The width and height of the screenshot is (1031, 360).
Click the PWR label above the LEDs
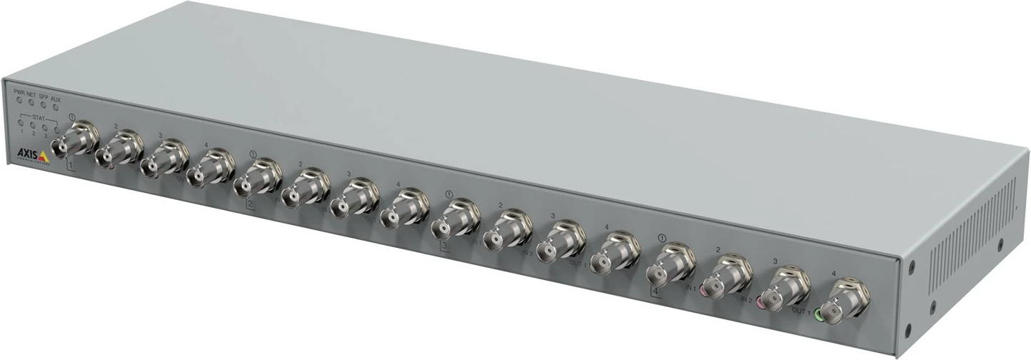click(19, 93)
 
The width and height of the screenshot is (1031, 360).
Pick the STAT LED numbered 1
click(22, 124)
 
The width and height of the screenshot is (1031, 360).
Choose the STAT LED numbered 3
click(45, 128)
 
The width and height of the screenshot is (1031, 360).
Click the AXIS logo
click(32, 154)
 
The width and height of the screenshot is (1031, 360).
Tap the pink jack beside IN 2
click(761, 304)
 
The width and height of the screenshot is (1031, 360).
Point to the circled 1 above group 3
click(449, 194)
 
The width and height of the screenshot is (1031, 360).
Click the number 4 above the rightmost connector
click(834, 274)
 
